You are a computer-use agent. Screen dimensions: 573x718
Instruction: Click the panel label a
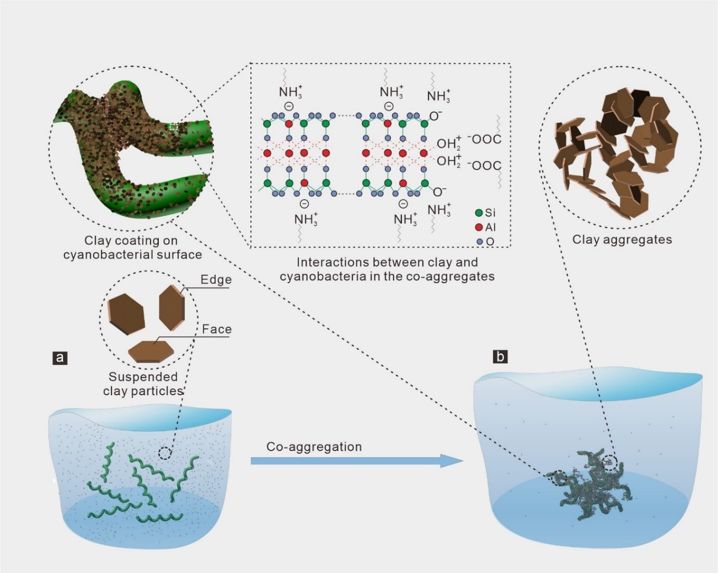(x=59, y=358)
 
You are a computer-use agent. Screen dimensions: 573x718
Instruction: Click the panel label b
(x=500, y=357)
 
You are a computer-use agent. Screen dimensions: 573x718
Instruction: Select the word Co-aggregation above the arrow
(x=314, y=447)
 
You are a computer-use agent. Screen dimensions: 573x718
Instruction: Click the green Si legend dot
(x=479, y=213)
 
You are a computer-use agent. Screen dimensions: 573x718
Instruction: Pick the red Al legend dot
(x=479, y=227)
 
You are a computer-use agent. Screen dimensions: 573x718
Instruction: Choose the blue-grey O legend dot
(x=479, y=241)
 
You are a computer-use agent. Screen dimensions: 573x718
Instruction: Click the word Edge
(x=216, y=280)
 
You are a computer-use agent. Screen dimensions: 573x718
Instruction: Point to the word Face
(x=216, y=330)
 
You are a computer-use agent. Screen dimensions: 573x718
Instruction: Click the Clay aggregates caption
(x=622, y=240)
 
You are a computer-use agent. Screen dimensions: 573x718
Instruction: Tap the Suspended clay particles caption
(x=143, y=384)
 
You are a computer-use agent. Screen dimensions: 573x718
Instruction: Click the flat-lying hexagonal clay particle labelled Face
(x=150, y=352)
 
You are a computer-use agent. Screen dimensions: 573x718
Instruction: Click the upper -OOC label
(x=485, y=140)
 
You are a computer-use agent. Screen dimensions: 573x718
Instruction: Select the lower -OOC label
(x=485, y=165)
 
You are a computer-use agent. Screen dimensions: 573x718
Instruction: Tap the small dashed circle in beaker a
(x=164, y=454)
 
